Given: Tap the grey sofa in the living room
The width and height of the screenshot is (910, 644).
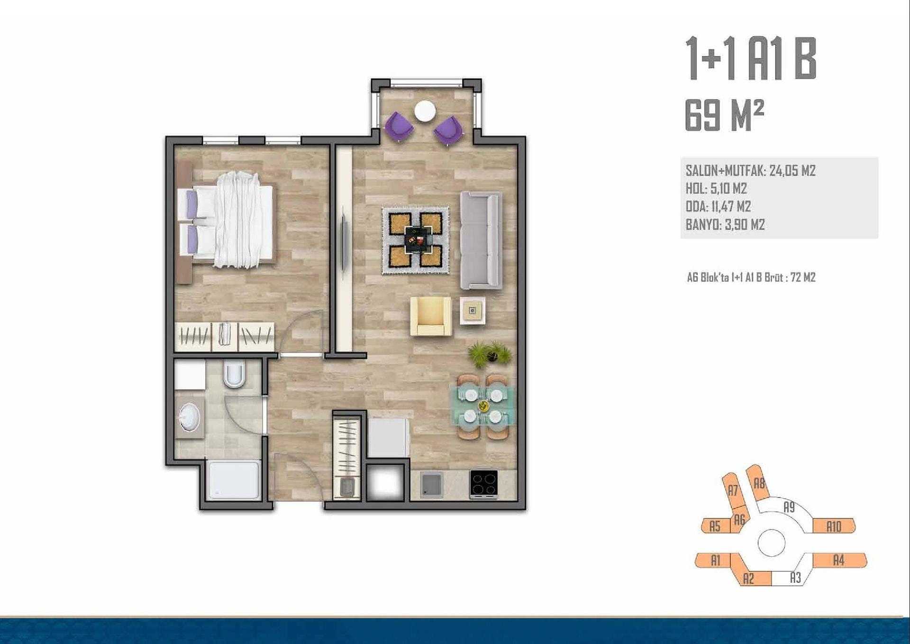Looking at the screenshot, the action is tap(481, 240).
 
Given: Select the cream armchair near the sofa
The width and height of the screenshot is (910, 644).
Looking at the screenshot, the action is tap(430, 316).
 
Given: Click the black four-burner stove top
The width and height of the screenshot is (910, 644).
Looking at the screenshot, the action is tap(483, 484).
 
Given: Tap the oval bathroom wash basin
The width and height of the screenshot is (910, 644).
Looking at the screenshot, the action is tap(189, 417).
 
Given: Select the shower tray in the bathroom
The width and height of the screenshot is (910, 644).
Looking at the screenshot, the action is tap(234, 479).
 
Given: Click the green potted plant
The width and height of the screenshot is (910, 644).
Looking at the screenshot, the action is tap(490, 353).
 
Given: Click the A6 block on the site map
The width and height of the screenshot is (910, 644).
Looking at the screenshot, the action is tap(739, 520).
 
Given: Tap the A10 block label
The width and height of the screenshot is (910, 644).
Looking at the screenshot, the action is tap(834, 526).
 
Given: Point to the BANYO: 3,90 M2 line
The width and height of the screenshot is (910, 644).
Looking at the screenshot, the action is tap(725, 224).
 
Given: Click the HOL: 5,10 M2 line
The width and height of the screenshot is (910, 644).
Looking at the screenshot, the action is tap(716, 188).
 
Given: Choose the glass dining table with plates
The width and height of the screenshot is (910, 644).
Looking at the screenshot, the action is tap(483, 406).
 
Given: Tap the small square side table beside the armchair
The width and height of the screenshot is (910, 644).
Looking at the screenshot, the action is tap(472, 311).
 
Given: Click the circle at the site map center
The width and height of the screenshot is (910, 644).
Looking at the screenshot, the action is tap(771, 543).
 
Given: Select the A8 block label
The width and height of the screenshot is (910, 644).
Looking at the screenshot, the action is tap(759, 483).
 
